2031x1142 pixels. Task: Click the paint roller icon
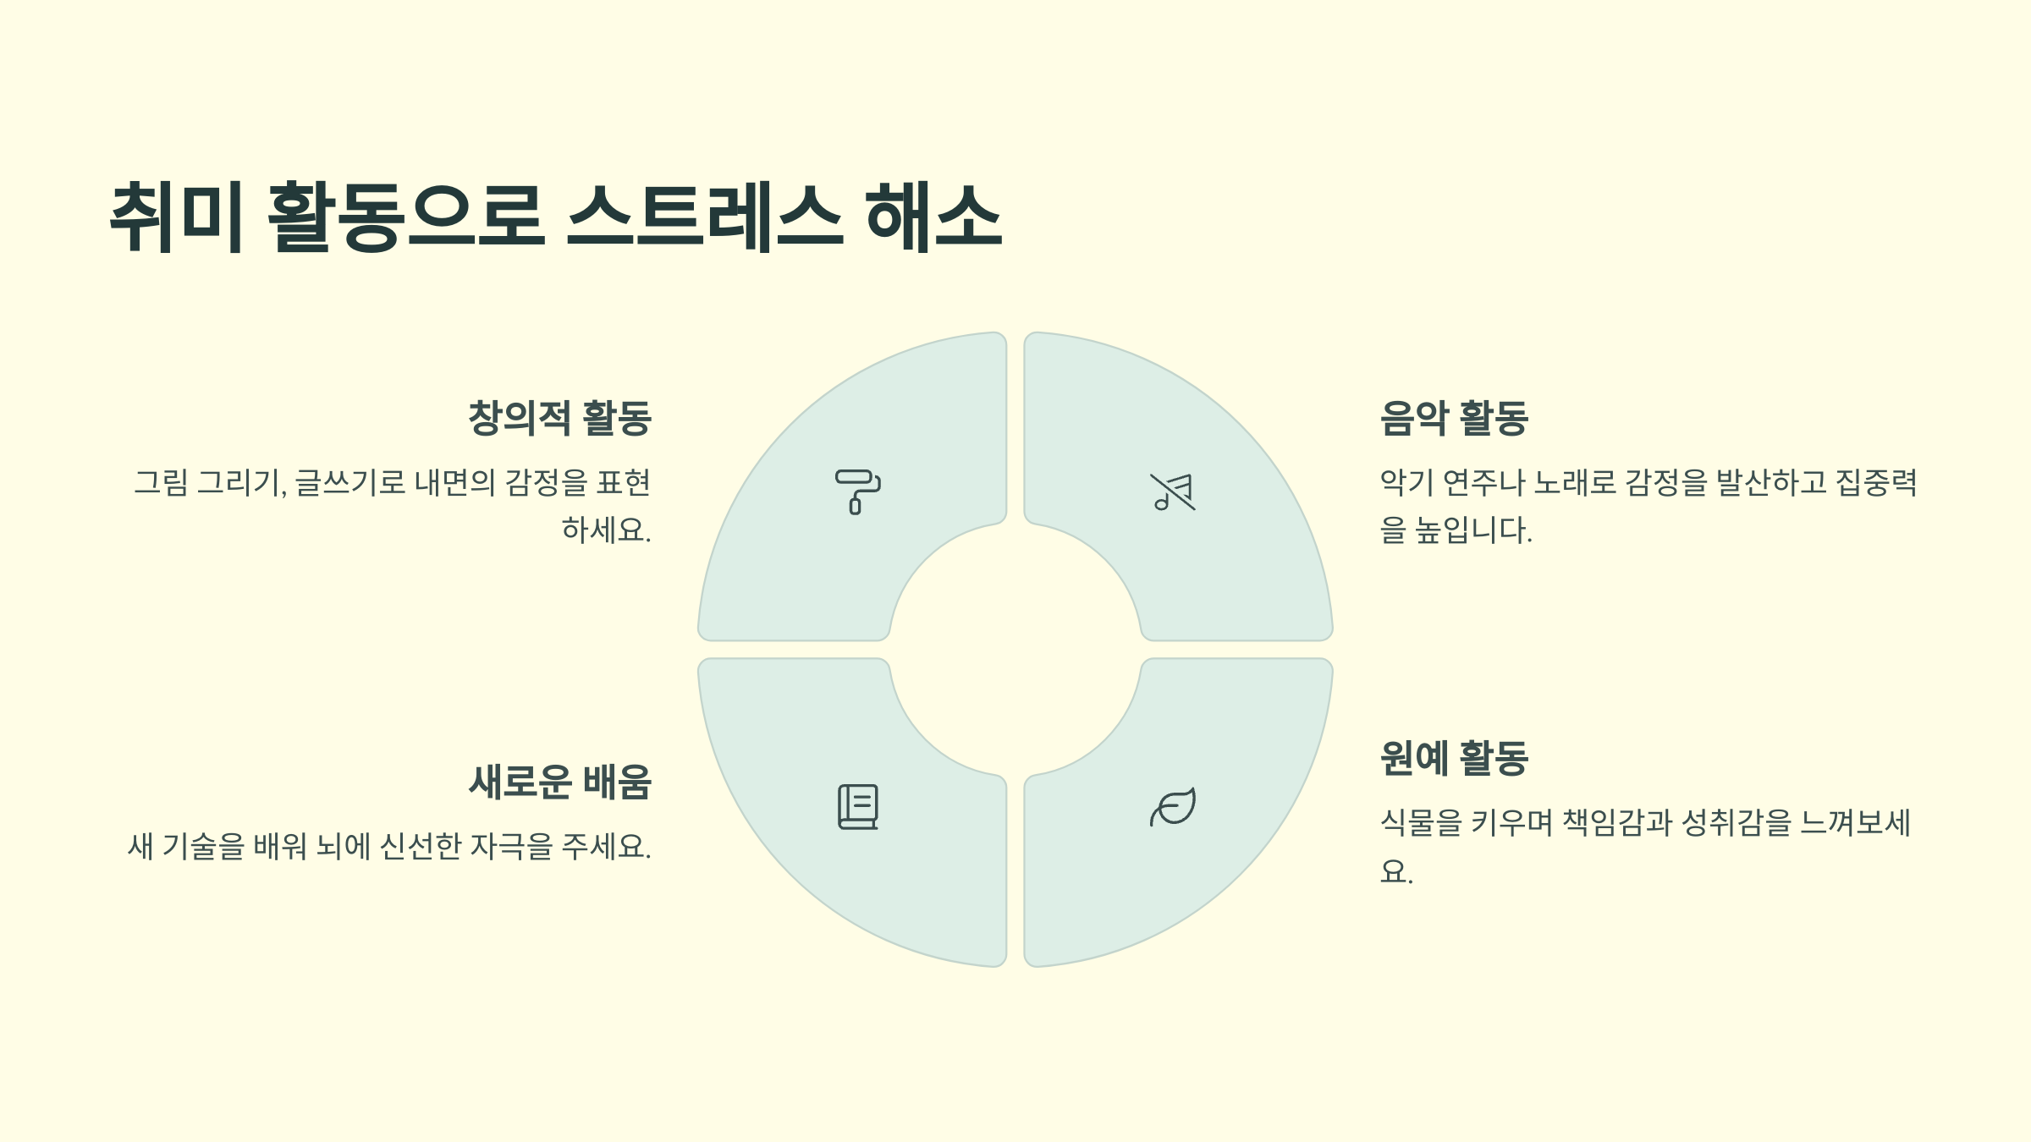click(857, 491)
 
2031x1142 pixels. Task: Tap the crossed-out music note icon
click(1173, 491)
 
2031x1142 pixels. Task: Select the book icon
click(857, 807)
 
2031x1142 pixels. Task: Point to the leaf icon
click(1173, 807)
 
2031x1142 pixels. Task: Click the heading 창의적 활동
click(559, 418)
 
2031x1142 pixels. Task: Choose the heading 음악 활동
click(1454, 418)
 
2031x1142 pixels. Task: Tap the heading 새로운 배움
click(559, 782)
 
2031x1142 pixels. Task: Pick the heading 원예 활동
click(1454, 758)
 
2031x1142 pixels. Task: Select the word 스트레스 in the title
click(704, 217)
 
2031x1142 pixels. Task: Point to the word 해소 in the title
click(933, 217)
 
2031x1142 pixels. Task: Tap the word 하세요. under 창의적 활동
click(606, 530)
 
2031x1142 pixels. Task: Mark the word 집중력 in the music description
click(1875, 483)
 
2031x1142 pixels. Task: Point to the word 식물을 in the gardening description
click(1421, 822)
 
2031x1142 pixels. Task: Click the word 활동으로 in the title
click(405, 217)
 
